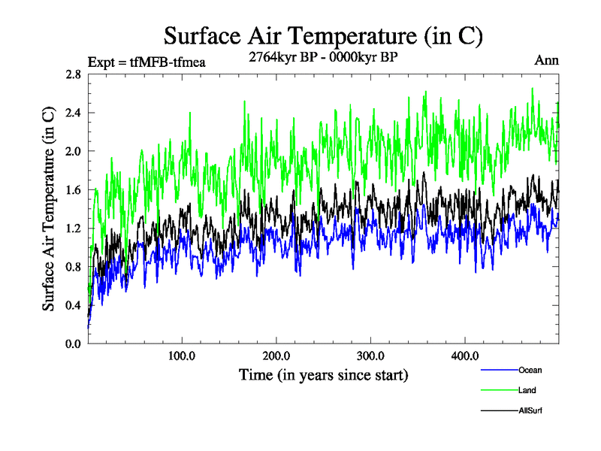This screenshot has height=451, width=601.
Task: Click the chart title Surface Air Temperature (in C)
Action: (x=322, y=35)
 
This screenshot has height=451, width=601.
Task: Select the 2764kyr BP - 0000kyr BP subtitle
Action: (x=322, y=56)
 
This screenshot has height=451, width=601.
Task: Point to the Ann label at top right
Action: (x=546, y=60)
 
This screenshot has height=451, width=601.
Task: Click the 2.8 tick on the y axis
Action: (x=74, y=74)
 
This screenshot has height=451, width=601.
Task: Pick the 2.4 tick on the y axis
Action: (x=74, y=113)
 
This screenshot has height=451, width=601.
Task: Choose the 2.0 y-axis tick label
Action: (x=74, y=151)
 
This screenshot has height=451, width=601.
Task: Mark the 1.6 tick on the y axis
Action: (x=74, y=189)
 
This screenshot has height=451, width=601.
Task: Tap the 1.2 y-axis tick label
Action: (x=74, y=228)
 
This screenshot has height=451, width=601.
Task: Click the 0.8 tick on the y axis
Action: (x=74, y=266)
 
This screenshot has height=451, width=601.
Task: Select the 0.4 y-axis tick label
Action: (x=74, y=304)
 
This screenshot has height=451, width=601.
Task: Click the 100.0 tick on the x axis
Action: (x=182, y=356)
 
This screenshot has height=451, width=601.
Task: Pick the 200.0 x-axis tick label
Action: (x=276, y=356)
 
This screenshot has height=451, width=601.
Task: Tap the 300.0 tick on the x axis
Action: (x=370, y=356)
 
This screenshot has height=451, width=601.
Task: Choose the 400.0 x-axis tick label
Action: (x=465, y=356)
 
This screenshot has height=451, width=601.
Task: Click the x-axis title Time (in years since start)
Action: (x=323, y=374)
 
